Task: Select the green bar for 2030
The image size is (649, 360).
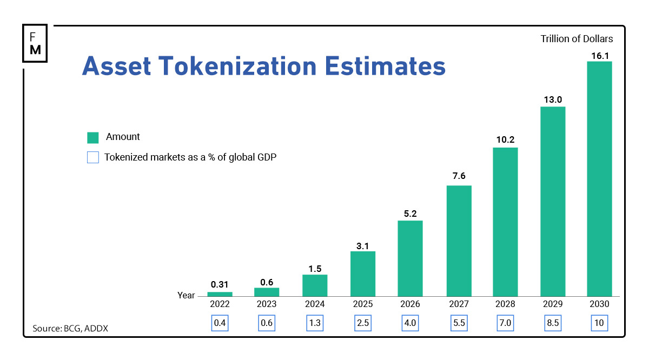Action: (x=599, y=178)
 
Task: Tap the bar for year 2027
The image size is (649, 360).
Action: (x=459, y=241)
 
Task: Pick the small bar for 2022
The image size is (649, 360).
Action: (x=220, y=294)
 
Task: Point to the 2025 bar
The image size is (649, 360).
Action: (x=362, y=274)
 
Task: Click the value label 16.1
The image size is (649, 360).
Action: (x=599, y=55)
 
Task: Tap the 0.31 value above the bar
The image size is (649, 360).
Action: (x=220, y=284)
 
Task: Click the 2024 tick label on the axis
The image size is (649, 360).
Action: (x=315, y=304)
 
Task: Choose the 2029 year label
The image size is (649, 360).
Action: (x=553, y=304)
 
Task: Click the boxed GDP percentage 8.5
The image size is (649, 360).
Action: (x=553, y=323)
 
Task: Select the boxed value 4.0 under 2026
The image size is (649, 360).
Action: (x=410, y=323)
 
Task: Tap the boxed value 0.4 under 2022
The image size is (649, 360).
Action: (x=220, y=323)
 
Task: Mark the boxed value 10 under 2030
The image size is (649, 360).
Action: (x=599, y=323)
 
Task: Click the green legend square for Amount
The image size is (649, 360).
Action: (x=93, y=137)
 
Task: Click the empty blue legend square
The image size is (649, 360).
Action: (x=93, y=158)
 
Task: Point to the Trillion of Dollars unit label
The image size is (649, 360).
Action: (x=577, y=39)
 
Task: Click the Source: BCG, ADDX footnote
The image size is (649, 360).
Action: (x=70, y=328)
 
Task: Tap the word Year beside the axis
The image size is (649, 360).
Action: (x=186, y=296)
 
